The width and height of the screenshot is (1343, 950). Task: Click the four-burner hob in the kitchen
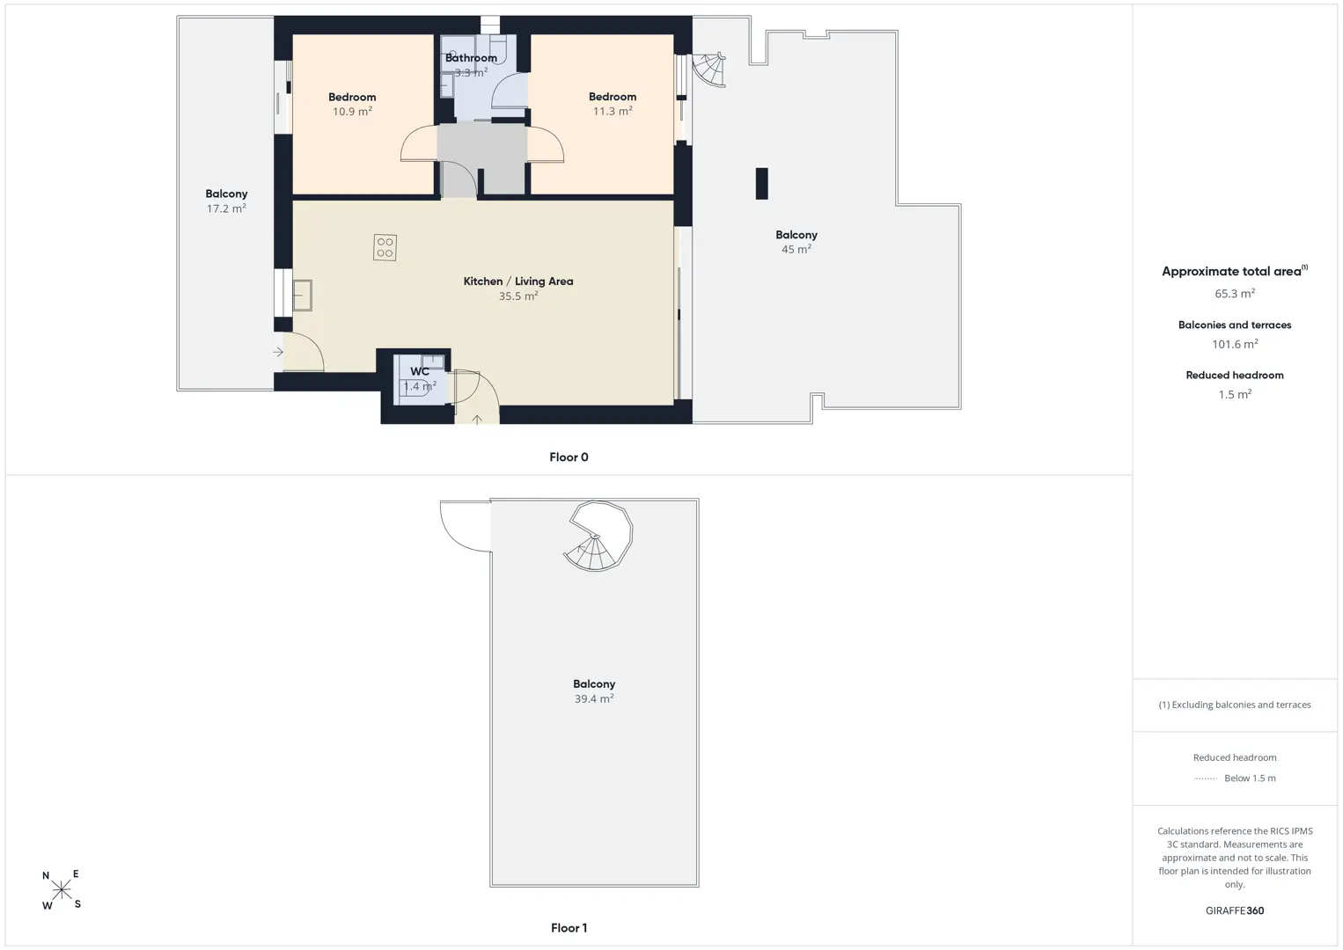[x=385, y=247]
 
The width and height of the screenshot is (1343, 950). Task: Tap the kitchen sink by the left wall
[x=302, y=295]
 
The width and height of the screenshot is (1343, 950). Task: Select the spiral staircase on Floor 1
[x=598, y=536]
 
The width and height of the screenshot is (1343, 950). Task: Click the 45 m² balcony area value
[x=796, y=249]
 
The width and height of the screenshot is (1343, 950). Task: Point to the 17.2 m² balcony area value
[x=226, y=208]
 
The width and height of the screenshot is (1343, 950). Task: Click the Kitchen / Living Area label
[x=518, y=281]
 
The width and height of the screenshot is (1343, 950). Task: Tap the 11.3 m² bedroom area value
[x=613, y=111]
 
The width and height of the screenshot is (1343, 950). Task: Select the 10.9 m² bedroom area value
[x=352, y=112]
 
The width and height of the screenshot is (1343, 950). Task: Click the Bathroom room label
[x=471, y=58]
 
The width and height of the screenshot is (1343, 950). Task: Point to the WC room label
[x=420, y=371]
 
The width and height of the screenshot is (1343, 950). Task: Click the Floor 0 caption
[x=569, y=457]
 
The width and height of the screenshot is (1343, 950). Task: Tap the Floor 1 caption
[x=569, y=928]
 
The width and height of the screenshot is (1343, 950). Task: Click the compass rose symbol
[x=61, y=889]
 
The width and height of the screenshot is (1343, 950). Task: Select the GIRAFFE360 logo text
[x=1235, y=910]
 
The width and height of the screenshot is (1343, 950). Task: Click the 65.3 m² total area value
[x=1235, y=293]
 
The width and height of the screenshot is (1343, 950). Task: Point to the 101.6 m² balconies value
[x=1235, y=344]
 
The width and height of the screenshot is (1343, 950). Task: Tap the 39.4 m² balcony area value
[x=593, y=698]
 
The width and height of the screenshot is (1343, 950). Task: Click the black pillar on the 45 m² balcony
[x=761, y=184]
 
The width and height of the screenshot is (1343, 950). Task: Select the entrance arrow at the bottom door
[x=477, y=420]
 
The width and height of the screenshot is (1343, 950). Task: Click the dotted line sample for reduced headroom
[x=1205, y=778]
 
